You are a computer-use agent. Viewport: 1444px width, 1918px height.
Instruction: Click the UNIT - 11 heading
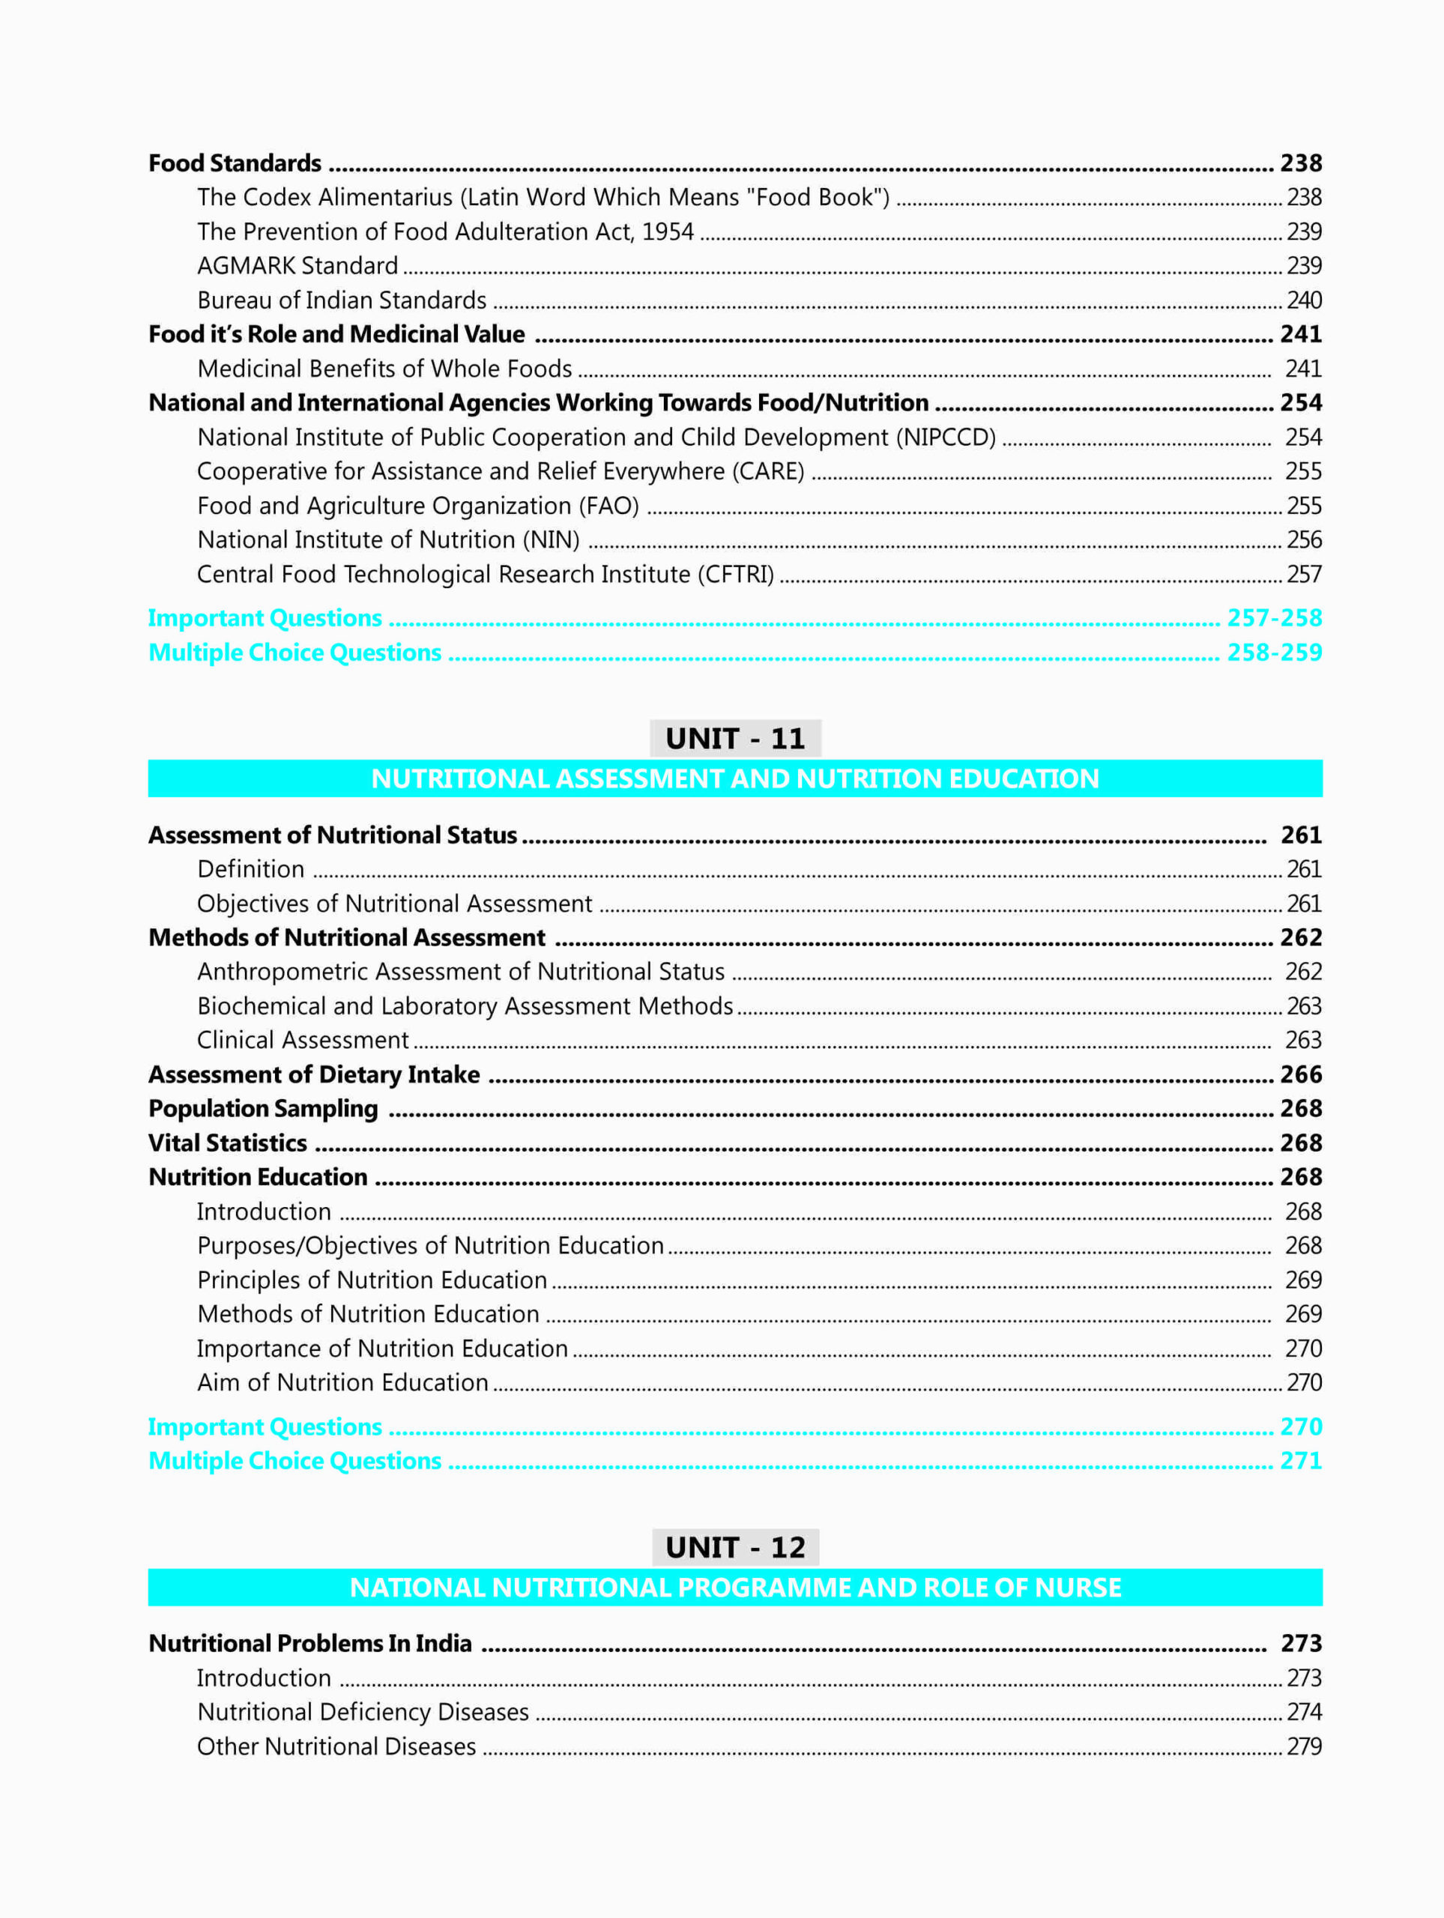[734, 738]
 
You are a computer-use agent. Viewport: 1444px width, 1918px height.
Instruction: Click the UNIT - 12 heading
[734, 1547]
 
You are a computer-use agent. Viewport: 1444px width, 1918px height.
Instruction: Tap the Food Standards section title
[235, 163]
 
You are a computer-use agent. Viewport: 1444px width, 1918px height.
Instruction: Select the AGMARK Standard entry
[297, 265]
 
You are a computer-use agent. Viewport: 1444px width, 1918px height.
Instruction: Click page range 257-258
[1274, 617]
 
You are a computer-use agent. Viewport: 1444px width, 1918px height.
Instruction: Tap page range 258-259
[1274, 652]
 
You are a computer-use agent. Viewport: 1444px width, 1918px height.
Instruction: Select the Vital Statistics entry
[228, 1143]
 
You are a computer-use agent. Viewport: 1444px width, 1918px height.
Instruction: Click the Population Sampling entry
[264, 1108]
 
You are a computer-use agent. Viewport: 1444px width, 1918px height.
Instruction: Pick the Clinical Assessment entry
[303, 1040]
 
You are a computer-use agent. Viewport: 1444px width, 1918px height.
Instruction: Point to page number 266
[1301, 1074]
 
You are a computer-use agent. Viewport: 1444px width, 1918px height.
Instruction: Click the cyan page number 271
[1301, 1460]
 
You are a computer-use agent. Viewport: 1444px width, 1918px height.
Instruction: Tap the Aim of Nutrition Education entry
[342, 1382]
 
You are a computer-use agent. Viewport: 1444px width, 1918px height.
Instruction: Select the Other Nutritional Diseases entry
[336, 1746]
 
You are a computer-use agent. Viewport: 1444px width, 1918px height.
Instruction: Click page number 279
[1304, 1746]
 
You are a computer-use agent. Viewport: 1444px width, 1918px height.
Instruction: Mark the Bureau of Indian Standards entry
[342, 300]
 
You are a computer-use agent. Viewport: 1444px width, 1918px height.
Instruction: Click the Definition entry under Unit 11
[250, 869]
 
